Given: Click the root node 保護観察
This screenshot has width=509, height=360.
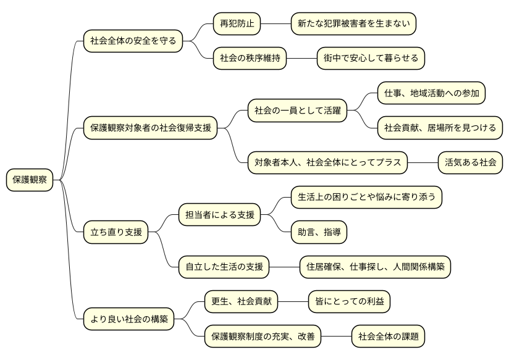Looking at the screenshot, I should tap(30, 180).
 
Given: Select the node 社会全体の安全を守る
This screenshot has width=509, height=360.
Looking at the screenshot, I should tap(133, 41).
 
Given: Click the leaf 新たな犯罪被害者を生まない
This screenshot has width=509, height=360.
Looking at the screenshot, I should tap(353, 24).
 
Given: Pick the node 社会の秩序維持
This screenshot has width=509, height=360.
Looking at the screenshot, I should tap(250, 59).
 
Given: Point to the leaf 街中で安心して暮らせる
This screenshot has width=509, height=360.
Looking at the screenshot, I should tap(371, 59).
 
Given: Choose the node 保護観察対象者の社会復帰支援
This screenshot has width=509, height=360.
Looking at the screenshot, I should tap(151, 128).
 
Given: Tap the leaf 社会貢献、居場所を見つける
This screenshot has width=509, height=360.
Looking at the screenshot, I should tap(440, 128).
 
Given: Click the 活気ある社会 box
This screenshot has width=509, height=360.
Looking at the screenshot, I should tap(470, 163).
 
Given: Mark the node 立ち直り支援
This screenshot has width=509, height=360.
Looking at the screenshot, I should tap(116, 233).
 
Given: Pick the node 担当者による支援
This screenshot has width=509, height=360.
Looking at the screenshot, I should tap(219, 216).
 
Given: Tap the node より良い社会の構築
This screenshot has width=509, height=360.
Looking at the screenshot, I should tap(128, 320).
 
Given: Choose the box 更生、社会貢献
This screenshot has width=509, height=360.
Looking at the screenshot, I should tap(241, 302).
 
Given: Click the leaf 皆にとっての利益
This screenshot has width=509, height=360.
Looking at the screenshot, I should tap(350, 302).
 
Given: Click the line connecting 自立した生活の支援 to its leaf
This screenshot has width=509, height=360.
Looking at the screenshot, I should tap(284, 267).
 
